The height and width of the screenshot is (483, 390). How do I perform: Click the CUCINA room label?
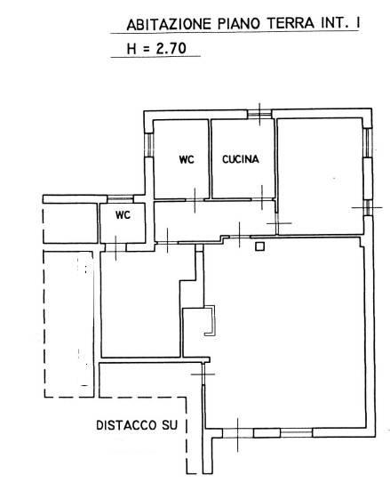(x=241, y=159)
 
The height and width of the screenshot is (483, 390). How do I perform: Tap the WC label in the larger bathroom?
(x=187, y=159)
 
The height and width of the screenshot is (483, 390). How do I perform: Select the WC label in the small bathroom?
(x=123, y=215)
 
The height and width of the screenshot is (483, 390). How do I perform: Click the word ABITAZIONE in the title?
(x=169, y=25)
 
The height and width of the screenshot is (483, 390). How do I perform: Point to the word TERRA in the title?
(x=291, y=23)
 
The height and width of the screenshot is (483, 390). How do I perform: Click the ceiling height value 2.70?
(x=171, y=48)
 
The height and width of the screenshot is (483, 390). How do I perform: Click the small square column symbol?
(x=260, y=246)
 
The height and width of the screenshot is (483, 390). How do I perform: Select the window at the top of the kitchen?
(x=259, y=114)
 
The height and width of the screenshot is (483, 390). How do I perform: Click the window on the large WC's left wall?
(x=149, y=145)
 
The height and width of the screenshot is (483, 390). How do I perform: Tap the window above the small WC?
(x=120, y=198)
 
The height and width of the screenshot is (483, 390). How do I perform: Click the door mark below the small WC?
(x=115, y=247)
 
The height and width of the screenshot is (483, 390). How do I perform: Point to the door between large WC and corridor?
(x=195, y=200)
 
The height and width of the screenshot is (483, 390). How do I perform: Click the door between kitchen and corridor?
(x=262, y=199)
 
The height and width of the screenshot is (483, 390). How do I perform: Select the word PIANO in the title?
(x=239, y=24)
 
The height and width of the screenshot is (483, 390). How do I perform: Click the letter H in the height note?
(x=131, y=49)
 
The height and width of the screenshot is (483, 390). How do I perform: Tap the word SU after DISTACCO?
(x=170, y=425)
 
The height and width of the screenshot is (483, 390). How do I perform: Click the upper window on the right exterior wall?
(x=368, y=143)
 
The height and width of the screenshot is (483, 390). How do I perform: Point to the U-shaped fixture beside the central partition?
(x=211, y=320)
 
